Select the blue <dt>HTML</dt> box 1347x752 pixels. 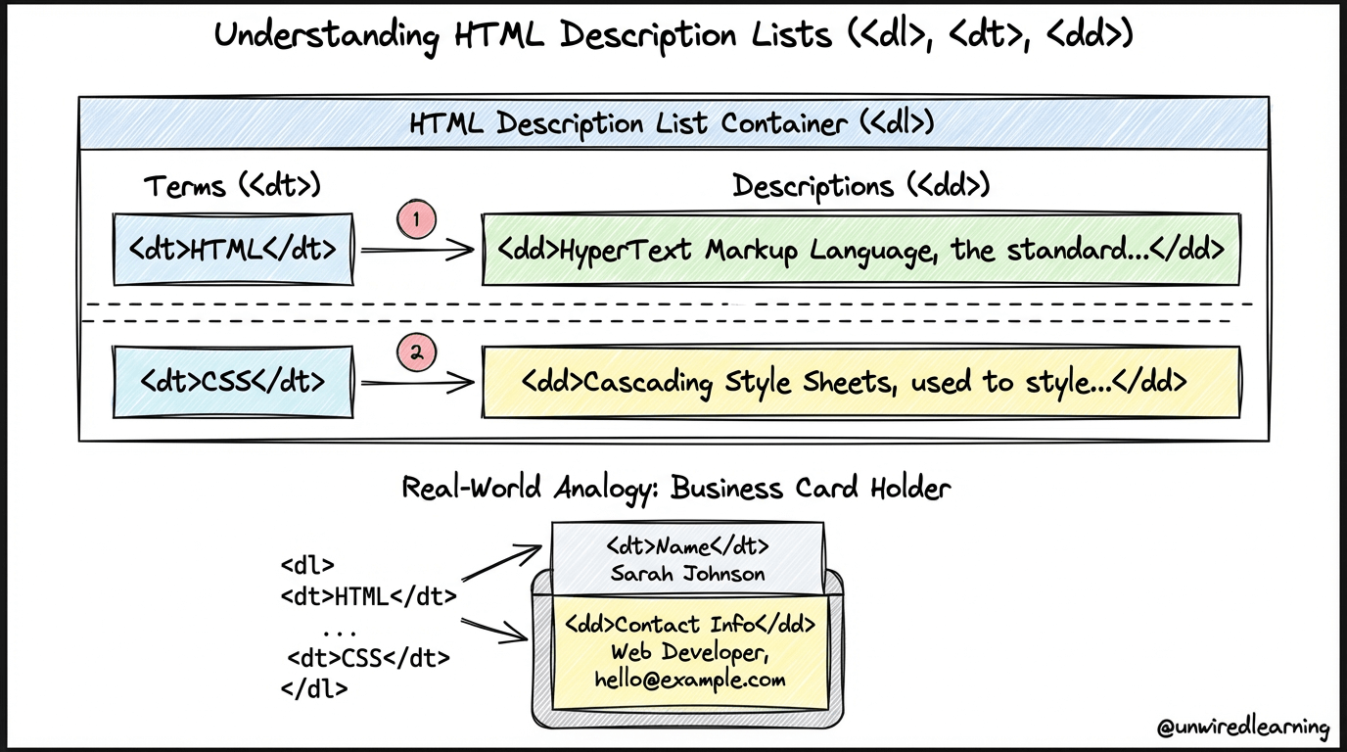tap(233, 249)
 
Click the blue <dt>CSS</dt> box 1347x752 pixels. tap(233, 381)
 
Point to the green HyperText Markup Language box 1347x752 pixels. tap(860, 249)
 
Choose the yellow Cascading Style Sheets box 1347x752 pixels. tap(860, 381)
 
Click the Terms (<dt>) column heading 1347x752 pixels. tap(233, 186)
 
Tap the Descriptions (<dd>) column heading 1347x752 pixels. tap(860, 186)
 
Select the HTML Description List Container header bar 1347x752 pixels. tap(673, 123)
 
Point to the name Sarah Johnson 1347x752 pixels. tap(687, 574)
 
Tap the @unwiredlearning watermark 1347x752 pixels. tap(1243, 728)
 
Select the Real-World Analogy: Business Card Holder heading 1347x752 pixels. tap(675, 487)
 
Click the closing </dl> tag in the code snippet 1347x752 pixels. tap(313, 687)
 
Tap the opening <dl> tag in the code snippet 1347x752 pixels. tap(307, 565)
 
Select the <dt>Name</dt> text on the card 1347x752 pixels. tap(687, 545)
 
